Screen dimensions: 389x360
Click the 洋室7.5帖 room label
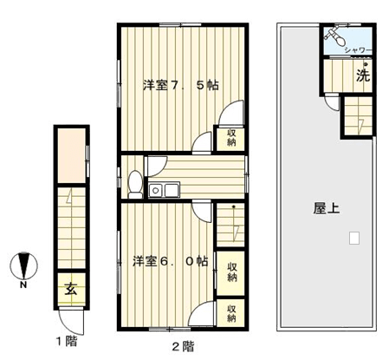tap(181, 85)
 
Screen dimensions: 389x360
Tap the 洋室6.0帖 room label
tap(171, 261)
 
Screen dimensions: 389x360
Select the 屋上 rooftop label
tap(327, 208)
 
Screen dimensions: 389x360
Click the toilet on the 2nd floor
tap(135, 185)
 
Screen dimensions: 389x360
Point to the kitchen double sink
tap(164, 190)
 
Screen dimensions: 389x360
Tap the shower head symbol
tap(334, 35)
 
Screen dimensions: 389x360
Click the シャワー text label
tap(358, 50)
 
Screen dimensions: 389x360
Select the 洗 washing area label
tap(363, 75)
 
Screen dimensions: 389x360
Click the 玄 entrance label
tap(71, 289)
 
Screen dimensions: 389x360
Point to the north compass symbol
tap(24, 265)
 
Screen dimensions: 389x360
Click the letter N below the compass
tap(23, 285)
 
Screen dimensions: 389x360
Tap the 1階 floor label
tap(67, 341)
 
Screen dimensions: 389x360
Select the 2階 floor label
tap(184, 346)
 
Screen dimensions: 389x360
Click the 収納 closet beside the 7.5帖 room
tap(230, 139)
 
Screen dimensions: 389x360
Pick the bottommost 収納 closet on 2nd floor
tap(230, 313)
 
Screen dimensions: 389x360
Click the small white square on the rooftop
tap(354, 238)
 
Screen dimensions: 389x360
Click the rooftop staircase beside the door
tap(358, 115)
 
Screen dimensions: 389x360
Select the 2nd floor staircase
tap(230, 225)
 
